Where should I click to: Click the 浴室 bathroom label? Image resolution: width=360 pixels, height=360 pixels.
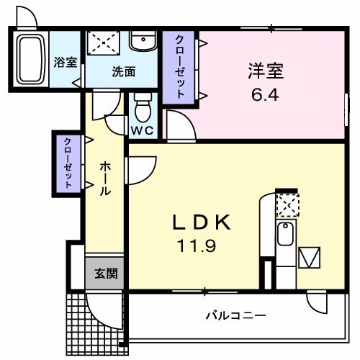click(x=66, y=62)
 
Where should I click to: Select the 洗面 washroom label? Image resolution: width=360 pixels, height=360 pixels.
click(x=124, y=71)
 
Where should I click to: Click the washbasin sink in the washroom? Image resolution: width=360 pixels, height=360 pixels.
click(x=143, y=41)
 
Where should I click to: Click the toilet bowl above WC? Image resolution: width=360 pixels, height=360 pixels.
click(x=142, y=109)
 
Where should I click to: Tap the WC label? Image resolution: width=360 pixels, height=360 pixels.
click(x=143, y=131)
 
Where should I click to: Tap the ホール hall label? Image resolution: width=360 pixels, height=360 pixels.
click(x=105, y=179)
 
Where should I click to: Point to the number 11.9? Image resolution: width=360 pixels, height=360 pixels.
click(x=195, y=248)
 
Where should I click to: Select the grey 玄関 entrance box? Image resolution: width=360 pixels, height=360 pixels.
click(x=102, y=274)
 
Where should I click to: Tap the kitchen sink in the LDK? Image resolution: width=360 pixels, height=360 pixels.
click(x=286, y=234)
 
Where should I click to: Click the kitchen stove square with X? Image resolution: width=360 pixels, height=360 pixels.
click(x=287, y=206)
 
